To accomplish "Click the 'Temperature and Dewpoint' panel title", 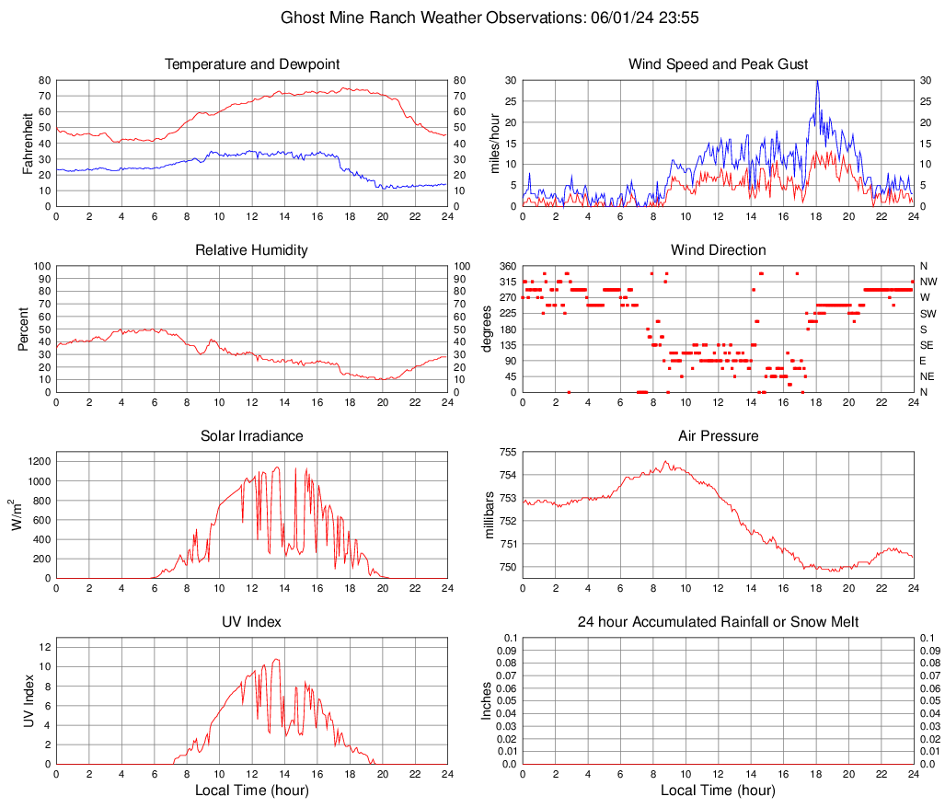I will coord(251,64).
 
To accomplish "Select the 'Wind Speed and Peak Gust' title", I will coord(718,64).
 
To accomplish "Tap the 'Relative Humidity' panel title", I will coord(251,250).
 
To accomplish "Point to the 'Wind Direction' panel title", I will coord(718,250).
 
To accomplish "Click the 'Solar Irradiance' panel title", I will coord(251,436).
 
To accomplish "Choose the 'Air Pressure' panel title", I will coord(718,436).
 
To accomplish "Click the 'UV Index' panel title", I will coord(251,622).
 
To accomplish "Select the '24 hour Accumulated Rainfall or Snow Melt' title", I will coord(718,622).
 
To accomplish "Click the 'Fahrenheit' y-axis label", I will coord(28,143).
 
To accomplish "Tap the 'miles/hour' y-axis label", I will coord(495,143).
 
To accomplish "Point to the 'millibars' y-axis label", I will coord(490,515).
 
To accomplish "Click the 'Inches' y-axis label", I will coord(487,700).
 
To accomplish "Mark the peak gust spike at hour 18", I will coord(816,82).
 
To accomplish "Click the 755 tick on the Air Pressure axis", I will coord(504,452).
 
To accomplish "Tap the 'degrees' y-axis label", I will coord(488,329).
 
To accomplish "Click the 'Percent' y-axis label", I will coord(24,329).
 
